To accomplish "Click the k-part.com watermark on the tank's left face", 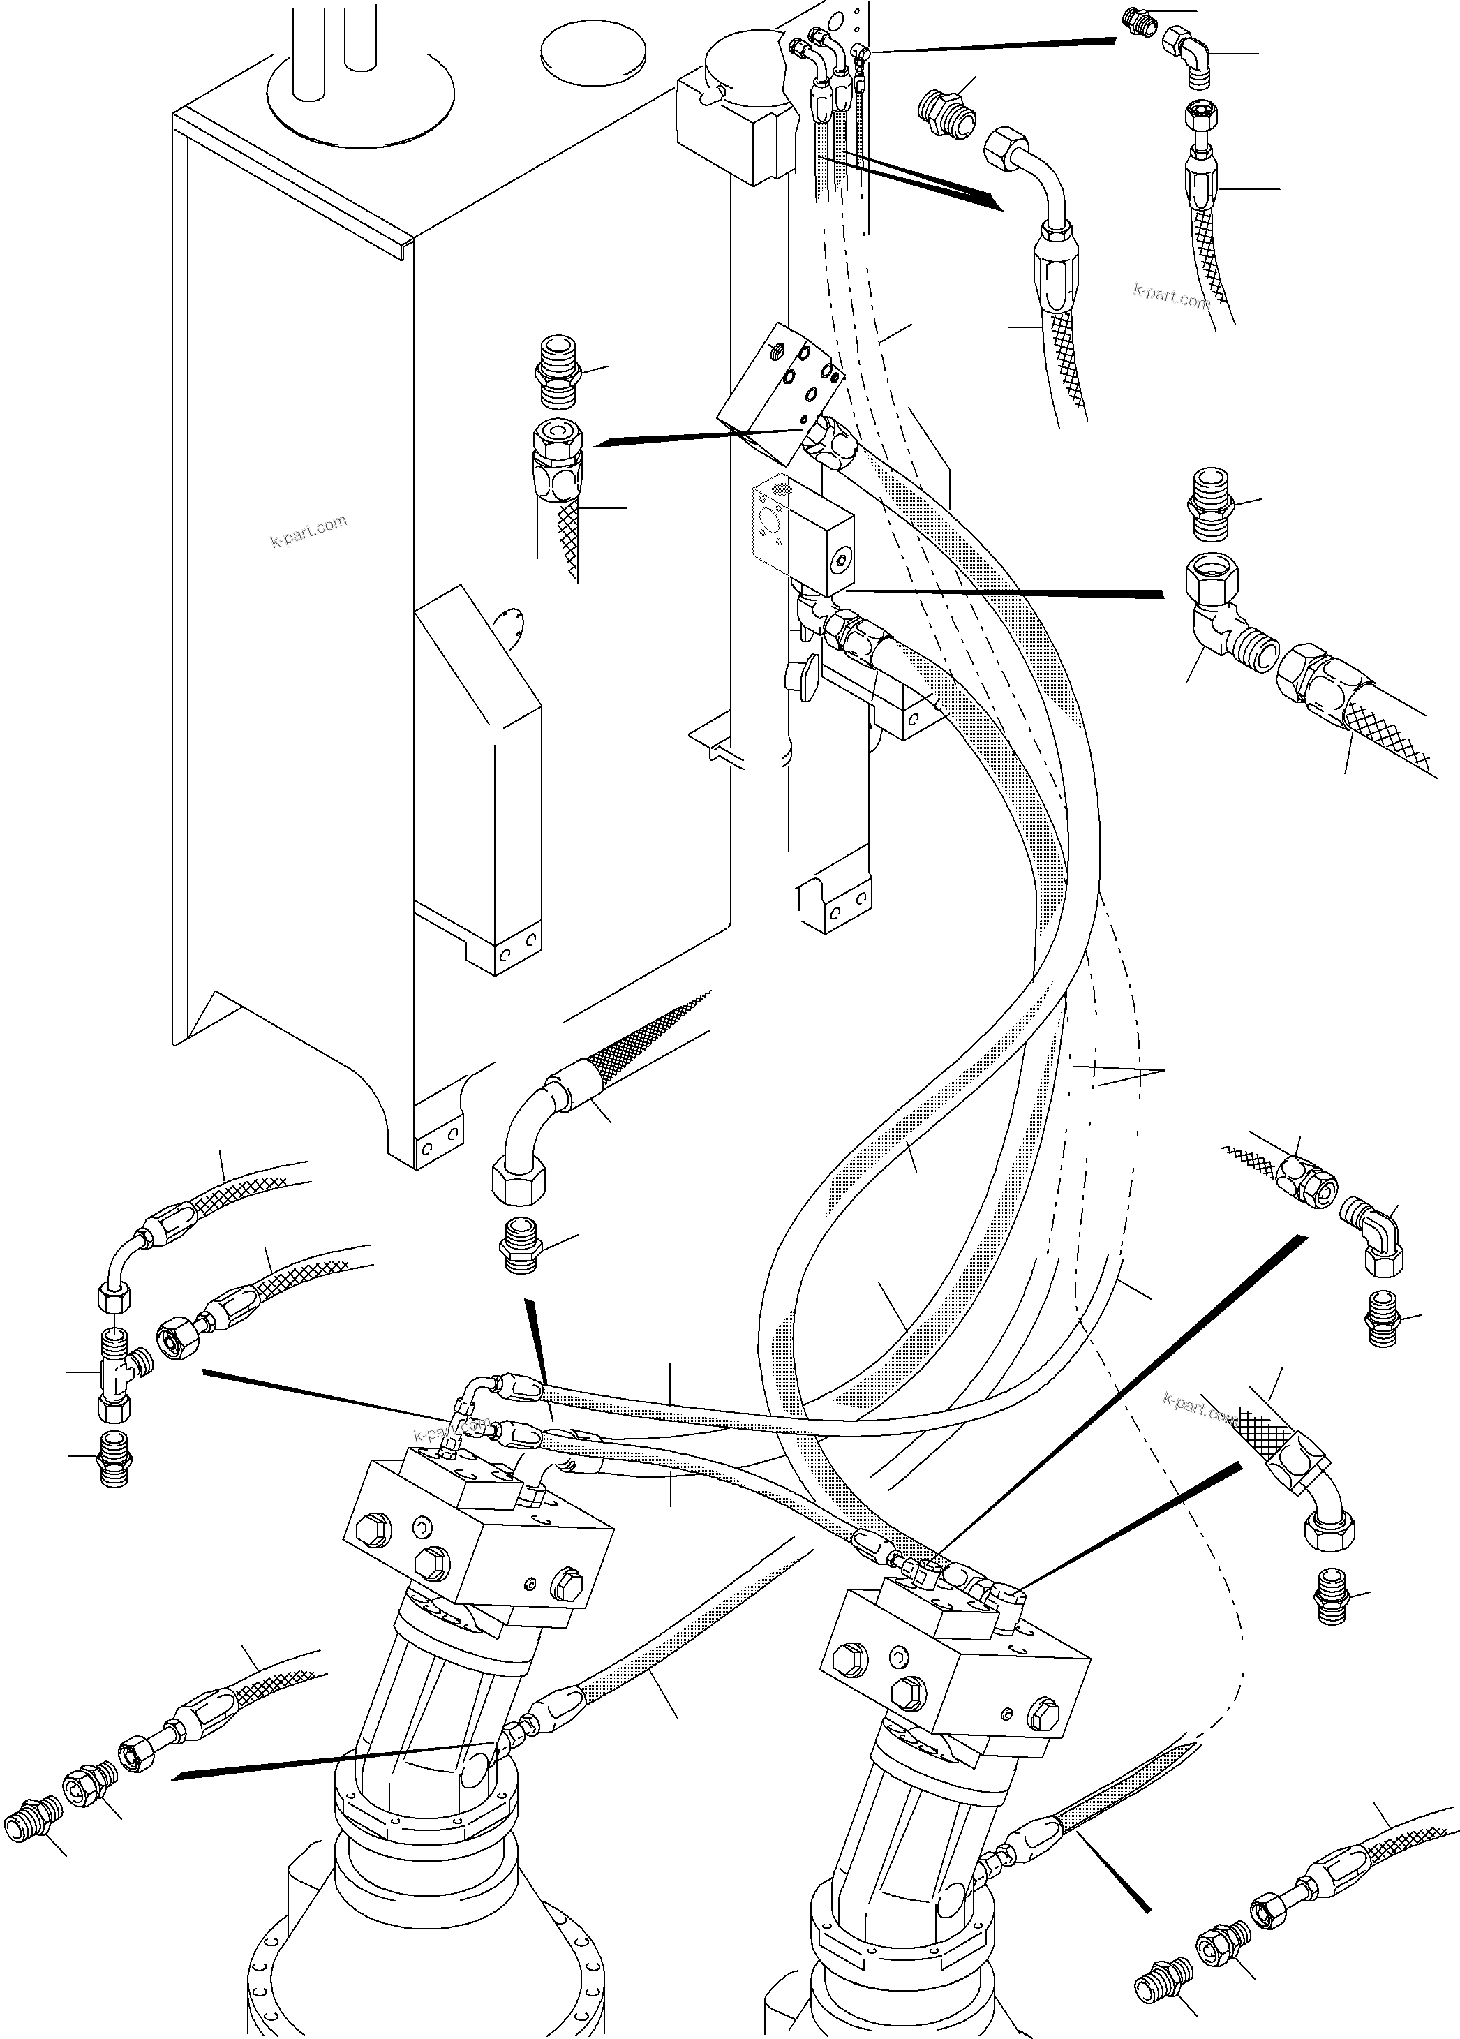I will [x=308, y=531].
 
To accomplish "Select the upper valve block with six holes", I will [x=779, y=378].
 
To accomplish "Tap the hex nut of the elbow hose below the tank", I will [x=518, y=1180].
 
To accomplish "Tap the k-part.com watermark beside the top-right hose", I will [x=1170, y=296].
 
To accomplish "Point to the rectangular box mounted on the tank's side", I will [x=477, y=791].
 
